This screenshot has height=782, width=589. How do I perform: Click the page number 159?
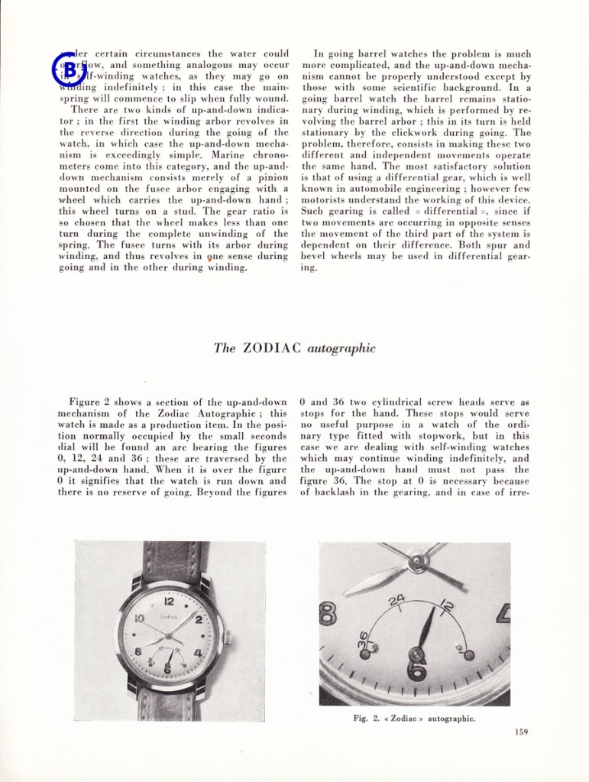[x=522, y=732]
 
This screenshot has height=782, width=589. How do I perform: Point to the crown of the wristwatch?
[x=226, y=634]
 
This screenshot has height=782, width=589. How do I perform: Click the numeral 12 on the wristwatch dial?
[x=170, y=602]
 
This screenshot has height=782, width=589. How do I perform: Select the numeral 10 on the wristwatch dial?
[x=140, y=618]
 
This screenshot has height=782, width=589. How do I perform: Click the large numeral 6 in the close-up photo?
[x=416, y=670]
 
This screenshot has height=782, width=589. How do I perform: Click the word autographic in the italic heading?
[x=341, y=349]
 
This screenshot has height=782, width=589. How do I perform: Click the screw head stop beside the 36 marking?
[x=365, y=654]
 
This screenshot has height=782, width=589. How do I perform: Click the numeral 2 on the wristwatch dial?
[x=199, y=619]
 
